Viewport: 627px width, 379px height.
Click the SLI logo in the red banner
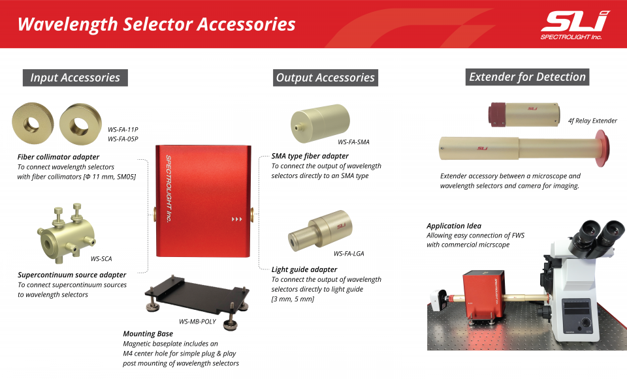click(x=574, y=25)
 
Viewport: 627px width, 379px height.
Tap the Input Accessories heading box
click(x=75, y=78)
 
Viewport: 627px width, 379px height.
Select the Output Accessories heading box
click(x=325, y=78)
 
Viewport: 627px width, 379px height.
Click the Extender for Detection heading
click(x=527, y=77)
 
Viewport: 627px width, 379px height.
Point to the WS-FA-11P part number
click(x=123, y=129)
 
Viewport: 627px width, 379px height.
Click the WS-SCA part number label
click(x=101, y=259)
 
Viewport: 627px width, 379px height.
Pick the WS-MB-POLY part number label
click(x=197, y=322)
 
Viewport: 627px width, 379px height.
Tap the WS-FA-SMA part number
click(x=353, y=142)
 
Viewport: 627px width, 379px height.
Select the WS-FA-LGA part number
click(x=349, y=254)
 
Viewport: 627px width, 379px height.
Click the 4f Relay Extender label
click(x=592, y=121)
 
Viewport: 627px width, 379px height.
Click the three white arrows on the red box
click(x=236, y=219)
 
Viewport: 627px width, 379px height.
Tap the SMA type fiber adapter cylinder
click(x=320, y=123)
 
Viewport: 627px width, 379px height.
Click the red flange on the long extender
click(x=602, y=148)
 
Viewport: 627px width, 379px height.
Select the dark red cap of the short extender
click(x=497, y=115)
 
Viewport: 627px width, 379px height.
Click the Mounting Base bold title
click(x=148, y=333)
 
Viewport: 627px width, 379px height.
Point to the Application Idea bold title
click(x=454, y=226)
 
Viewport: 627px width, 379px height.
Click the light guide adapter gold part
click(x=320, y=231)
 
